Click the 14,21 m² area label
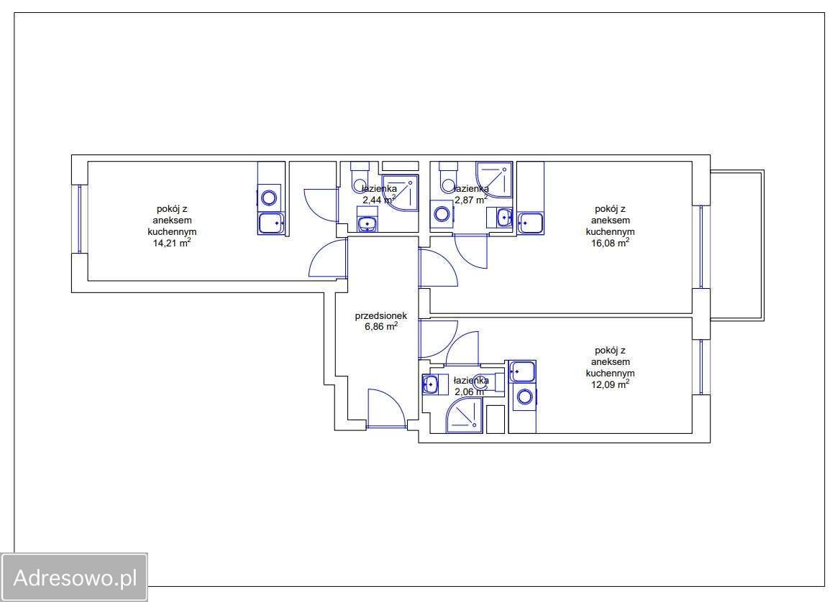point(172,243)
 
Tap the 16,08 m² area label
point(610,243)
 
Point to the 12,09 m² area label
point(610,384)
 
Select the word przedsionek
point(381,315)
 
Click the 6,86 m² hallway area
point(381,326)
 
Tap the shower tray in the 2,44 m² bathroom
point(400,193)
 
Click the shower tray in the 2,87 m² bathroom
point(495,180)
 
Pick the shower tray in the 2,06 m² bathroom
point(465,415)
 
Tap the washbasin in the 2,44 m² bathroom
point(367,223)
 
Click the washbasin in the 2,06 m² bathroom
point(430,384)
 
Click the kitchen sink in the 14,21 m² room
point(272,223)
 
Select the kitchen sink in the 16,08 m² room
point(530,223)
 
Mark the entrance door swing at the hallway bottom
point(385,408)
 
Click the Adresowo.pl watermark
point(75,578)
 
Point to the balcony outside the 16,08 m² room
point(737,246)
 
